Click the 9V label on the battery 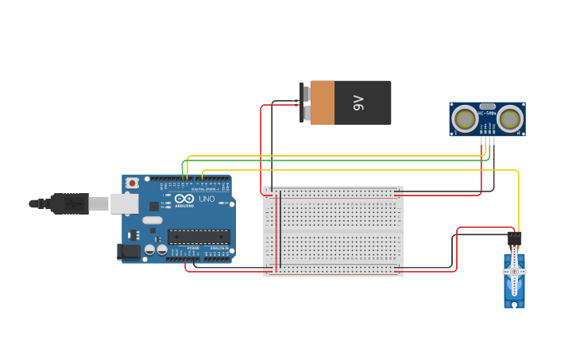click(358, 103)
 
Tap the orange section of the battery click(322, 103)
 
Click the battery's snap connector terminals click(303, 103)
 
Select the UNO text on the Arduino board click(207, 199)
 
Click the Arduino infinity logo click(185, 199)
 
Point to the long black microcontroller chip click(199, 236)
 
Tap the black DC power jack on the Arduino click(128, 252)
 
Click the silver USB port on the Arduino click(124, 203)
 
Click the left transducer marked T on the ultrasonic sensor click(464, 119)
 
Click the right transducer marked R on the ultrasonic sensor click(510, 119)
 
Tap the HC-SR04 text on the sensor click(487, 114)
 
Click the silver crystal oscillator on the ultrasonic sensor click(487, 106)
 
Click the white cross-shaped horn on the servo click(514, 272)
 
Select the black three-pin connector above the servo click(514, 238)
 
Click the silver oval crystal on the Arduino click(153, 220)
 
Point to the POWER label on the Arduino click(193, 248)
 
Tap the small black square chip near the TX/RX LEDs click(153, 206)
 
